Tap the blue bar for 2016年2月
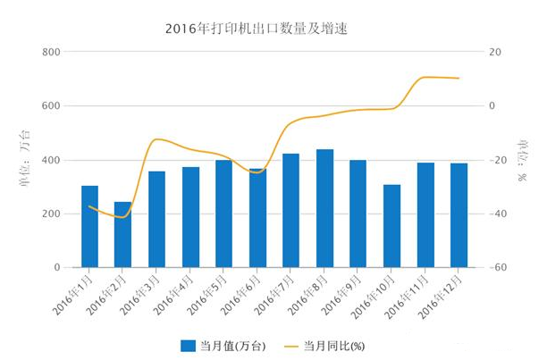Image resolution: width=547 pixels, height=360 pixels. (x=123, y=235)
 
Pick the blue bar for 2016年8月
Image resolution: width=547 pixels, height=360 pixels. (x=324, y=208)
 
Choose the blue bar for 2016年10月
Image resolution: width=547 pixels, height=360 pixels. (x=391, y=226)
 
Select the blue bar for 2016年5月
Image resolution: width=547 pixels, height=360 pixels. (x=223, y=213)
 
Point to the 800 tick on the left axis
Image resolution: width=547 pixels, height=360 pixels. (x=50, y=53)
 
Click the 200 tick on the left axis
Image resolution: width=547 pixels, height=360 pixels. (x=50, y=214)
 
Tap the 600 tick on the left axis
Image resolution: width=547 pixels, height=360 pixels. (x=50, y=106)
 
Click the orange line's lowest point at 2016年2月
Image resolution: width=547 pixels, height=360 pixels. (x=122, y=217)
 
